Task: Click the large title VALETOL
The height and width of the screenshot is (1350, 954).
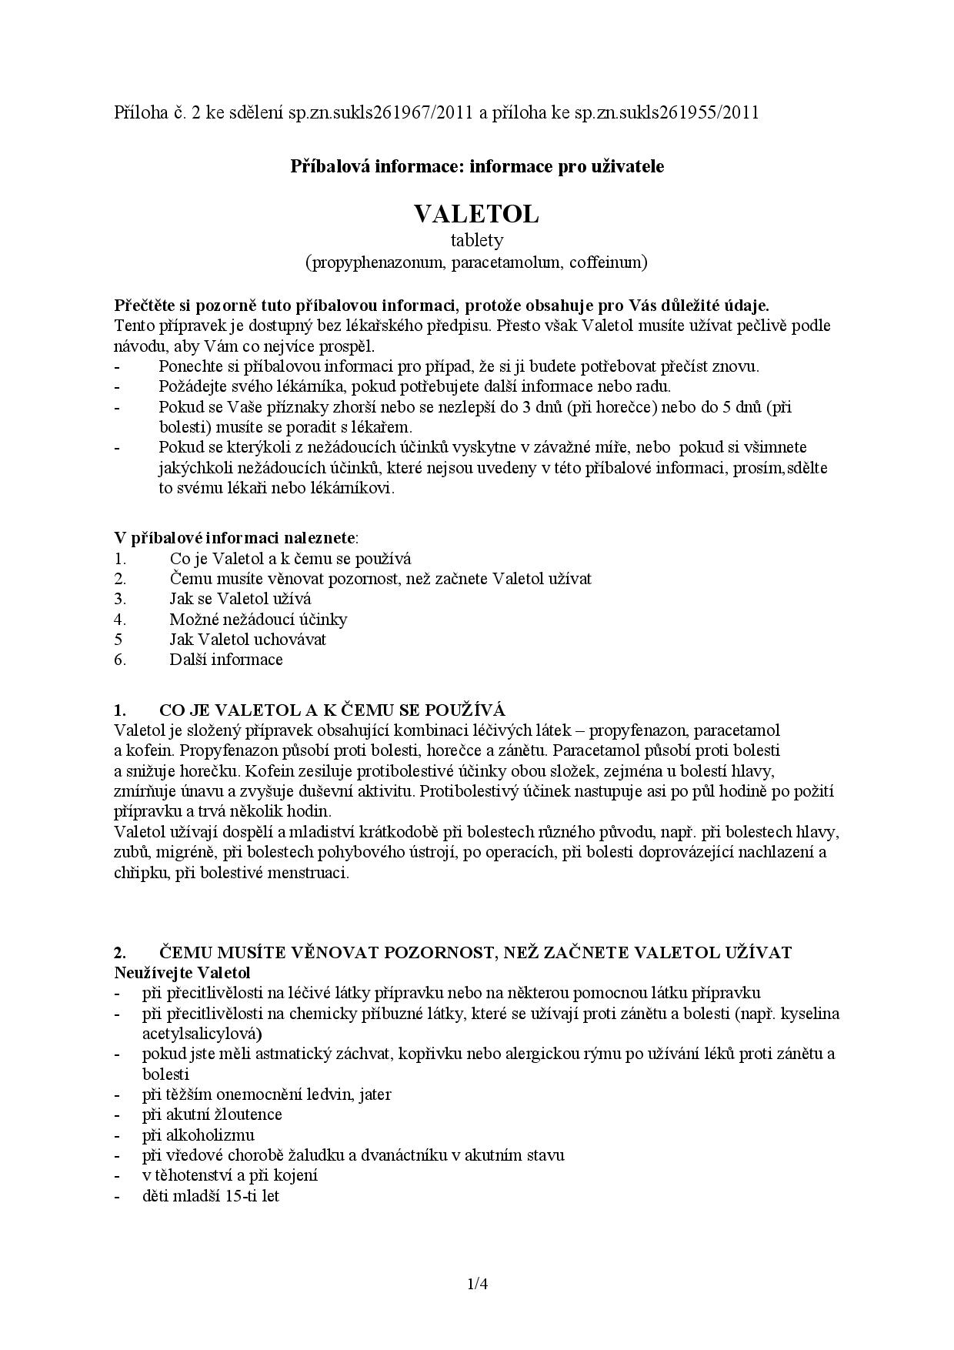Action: tap(476, 214)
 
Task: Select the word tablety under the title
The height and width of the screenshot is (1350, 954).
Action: tap(476, 240)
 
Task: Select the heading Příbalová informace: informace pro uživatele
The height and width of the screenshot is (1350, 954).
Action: tap(477, 166)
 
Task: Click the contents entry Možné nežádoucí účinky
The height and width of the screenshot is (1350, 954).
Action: tap(259, 619)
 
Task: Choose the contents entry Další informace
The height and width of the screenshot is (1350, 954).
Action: tap(226, 659)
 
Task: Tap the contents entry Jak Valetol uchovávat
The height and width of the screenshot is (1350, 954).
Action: tap(248, 639)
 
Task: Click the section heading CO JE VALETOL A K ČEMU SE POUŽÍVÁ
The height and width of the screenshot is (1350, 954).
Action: tap(332, 710)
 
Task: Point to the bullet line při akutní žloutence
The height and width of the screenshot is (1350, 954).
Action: tap(212, 1114)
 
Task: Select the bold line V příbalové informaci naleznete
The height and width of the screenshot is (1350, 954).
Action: tap(235, 537)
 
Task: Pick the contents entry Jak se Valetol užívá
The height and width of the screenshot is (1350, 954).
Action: tap(240, 599)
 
